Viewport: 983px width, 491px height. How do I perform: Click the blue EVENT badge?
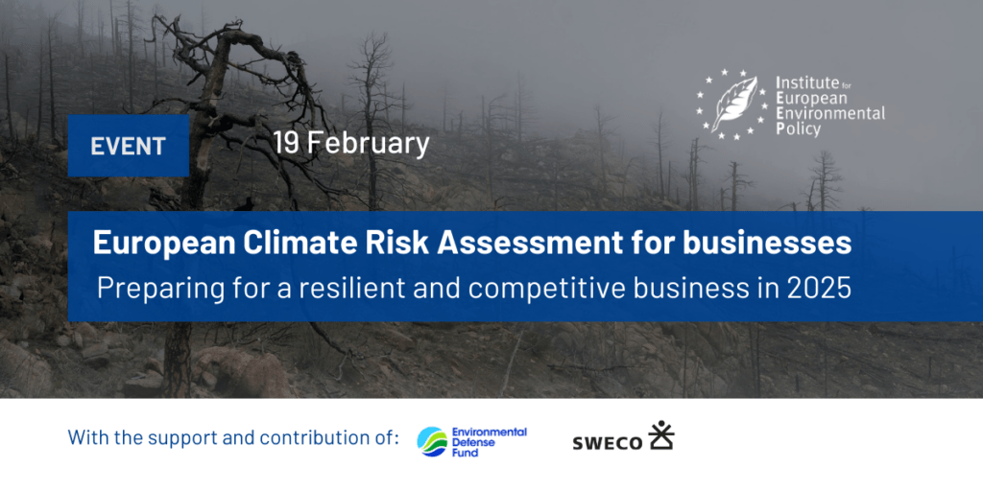point(128,146)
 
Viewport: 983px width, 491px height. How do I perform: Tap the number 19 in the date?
point(285,144)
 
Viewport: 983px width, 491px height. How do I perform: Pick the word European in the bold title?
point(157,243)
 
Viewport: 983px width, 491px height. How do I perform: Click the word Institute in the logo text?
point(807,83)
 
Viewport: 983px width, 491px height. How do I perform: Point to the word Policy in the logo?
point(799,129)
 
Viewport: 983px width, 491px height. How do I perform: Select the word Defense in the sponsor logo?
point(475,442)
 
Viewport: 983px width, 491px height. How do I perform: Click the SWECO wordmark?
point(606,443)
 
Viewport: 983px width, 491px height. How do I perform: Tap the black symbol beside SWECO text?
point(661,436)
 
